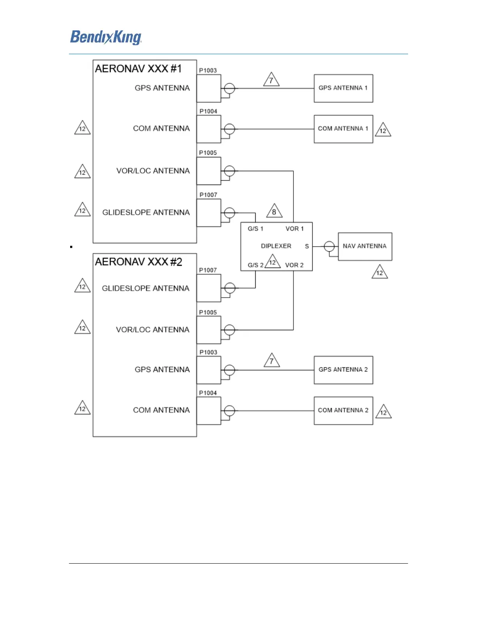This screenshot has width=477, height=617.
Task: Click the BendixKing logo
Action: click(x=106, y=37)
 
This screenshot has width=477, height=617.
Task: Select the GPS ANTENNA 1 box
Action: click(x=343, y=88)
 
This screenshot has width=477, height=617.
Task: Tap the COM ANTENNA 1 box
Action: click(x=343, y=129)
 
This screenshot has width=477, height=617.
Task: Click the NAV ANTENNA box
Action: click(x=365, y=247)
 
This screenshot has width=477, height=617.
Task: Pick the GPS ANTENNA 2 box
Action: click(x=343, y=370)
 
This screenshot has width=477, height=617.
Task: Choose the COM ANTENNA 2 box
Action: click(x=343, y=411)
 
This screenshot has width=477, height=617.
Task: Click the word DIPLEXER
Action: click(x=276, y=246)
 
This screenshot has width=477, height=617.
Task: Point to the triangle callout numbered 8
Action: click(x=274, y=212)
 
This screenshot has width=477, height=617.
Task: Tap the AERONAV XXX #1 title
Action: click(x=138, y=69)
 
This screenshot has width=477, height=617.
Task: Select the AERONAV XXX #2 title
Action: click(x=138, y=262)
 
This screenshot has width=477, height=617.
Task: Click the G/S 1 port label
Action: click(x=255, y=229)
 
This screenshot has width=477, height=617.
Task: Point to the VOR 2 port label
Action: click(x=294, y=265)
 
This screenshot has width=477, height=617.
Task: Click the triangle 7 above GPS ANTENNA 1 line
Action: click(x=271, y=80)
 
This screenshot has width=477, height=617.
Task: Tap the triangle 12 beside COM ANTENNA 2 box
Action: click(x=383, y=412)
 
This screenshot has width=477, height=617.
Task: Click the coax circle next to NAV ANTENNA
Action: click(x=329, y=247)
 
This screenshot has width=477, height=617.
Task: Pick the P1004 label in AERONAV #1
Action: click(x=208, y=111)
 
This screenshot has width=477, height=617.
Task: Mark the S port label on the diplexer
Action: click(x=307, y=247)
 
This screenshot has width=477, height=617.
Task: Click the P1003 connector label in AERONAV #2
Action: click(x=208, y=353)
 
